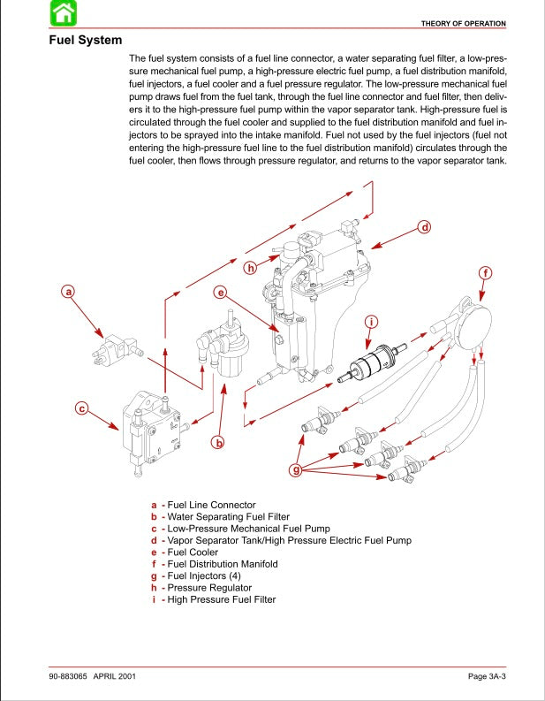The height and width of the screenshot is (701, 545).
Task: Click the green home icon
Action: coord(63,13)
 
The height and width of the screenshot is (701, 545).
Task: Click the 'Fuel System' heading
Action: coord(85,41)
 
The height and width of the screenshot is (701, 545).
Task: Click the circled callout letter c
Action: coord(81,408)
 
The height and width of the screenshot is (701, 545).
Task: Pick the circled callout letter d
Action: coord(424,227)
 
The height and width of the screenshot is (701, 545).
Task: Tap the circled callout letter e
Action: coord(221,292)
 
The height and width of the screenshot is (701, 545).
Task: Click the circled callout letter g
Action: coord(296,469)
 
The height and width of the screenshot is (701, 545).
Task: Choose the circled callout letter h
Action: coord(251,267)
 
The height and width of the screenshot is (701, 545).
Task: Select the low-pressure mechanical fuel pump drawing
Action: coord(152,427)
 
